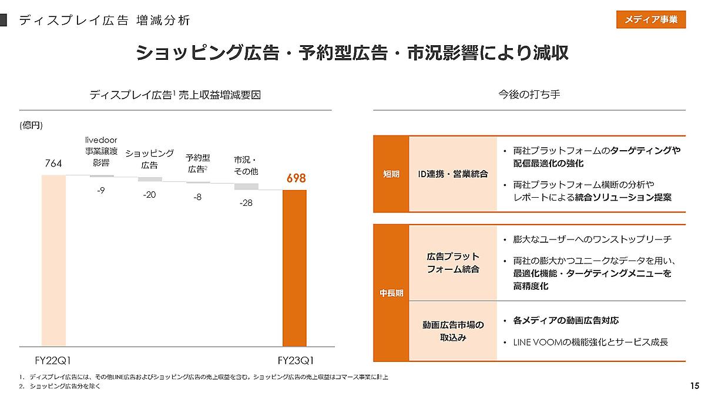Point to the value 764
(53, 164)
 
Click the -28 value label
(246, 203)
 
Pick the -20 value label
(149, 195)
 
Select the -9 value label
(101, 190)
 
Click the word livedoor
(102, 139)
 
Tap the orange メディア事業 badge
(650, 19)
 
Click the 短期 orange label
(391, 174)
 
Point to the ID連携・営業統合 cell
(453, 174)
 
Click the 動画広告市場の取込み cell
(453, 331)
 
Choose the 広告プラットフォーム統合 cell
(453, 263)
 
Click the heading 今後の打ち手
(529, 94)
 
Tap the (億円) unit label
(31, 125)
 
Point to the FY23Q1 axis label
(295, 360)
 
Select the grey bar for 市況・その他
(246, 187)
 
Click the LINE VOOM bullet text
(590, 342)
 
